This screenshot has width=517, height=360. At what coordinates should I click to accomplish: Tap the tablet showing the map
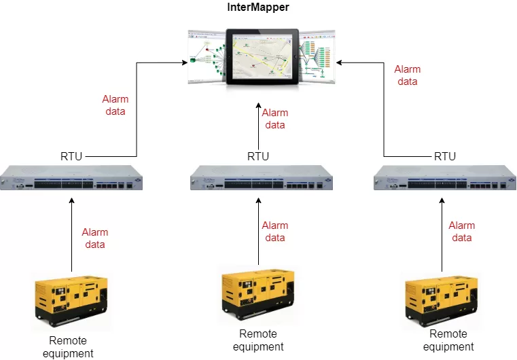point(262,56)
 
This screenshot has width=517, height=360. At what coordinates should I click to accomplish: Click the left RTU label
point(71,157)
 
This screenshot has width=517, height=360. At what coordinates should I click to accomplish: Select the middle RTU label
point(258,157)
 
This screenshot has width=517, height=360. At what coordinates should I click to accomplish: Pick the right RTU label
point(445,157)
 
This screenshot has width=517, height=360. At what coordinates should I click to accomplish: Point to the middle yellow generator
point(258,296)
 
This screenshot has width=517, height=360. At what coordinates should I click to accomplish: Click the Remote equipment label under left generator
point(68,346)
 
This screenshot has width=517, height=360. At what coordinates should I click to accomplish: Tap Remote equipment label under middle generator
point(258,340)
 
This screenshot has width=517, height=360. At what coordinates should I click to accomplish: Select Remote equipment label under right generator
point(448,340)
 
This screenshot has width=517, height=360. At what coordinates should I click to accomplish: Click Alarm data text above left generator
point(95,238)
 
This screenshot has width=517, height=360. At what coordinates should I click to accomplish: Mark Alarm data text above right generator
point(462,232)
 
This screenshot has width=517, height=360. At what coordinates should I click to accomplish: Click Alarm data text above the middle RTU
point(275,119)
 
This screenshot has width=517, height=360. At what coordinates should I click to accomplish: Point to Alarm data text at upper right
point(408,75)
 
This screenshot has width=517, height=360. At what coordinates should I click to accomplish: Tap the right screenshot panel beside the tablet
point(317,56)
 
